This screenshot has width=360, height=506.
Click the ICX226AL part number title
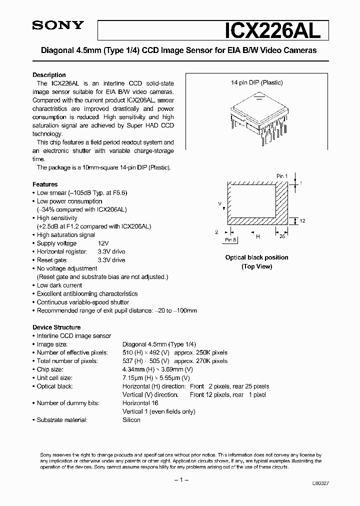pos(267,30)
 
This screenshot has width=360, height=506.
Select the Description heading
pos(49,75)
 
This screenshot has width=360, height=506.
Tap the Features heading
pos(45,184)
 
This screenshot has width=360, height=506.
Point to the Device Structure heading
pos(56,327)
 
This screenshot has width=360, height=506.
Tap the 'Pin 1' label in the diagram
pos(282,176)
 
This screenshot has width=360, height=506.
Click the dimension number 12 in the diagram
pos(303,220)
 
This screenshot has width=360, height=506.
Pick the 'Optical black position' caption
pos(256,257)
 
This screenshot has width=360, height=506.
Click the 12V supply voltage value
pos(103,243)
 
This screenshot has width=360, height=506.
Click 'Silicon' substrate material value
pos(131,420)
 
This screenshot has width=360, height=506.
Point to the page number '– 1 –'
pos(180,480)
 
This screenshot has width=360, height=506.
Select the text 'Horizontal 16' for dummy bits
pos(140,403)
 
